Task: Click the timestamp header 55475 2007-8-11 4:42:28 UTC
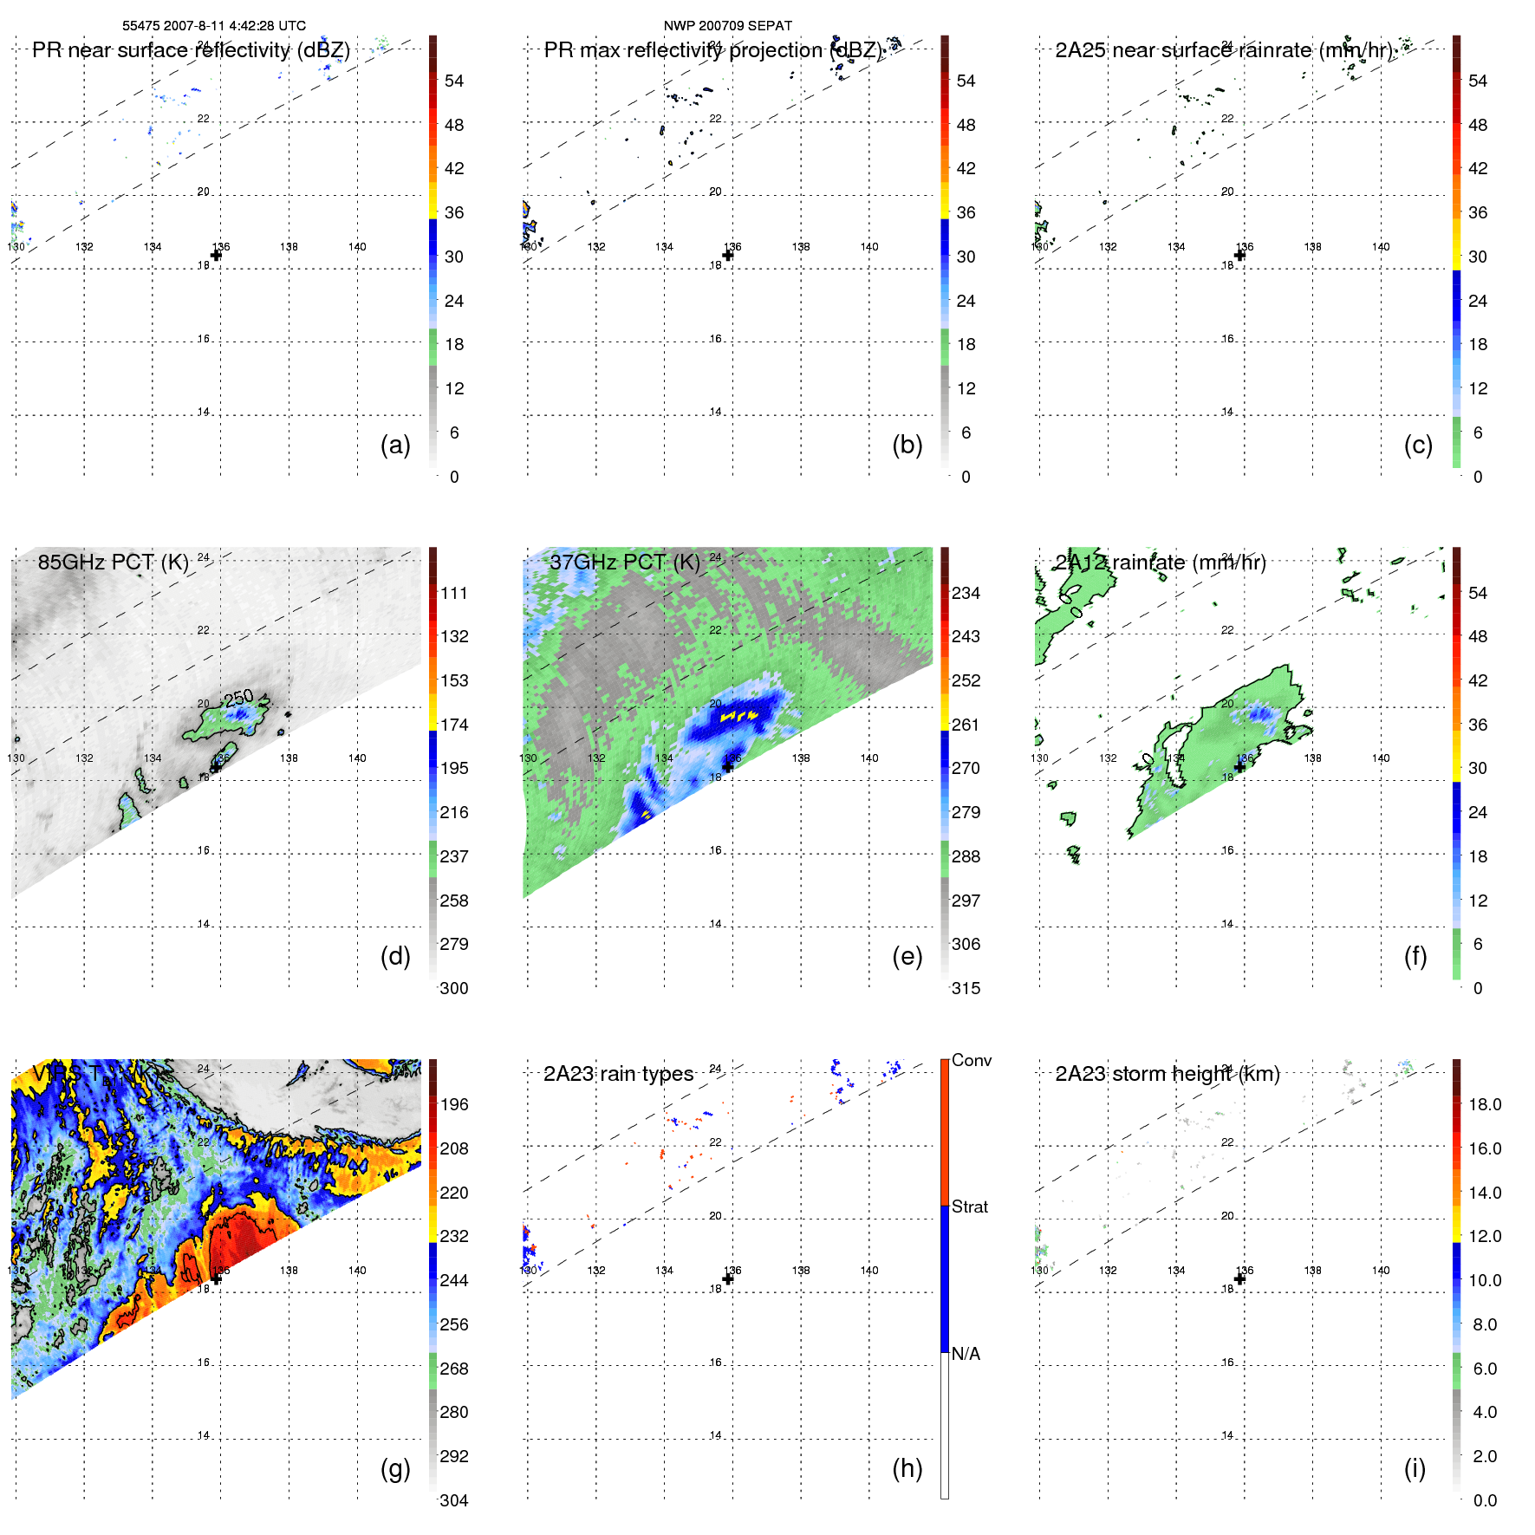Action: (213, 26)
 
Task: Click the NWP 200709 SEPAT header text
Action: (727, 26)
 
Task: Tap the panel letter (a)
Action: (395, 445)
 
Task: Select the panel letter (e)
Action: (907, 956)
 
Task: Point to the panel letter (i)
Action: (1415, 1468)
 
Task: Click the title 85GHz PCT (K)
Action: (113, 563)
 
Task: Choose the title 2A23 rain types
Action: (618, 1074)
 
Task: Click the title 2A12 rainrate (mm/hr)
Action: (1160, 563)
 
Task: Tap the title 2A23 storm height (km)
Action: (1167, 1074)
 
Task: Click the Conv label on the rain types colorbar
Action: (971, 1060)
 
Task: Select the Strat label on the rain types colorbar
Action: (969, 1207)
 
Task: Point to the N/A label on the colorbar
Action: (966, 1354)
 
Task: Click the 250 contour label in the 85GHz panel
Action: (238, 698)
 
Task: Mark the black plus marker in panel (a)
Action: (216, 255)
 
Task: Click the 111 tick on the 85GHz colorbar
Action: (453, 593)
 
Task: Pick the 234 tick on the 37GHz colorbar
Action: (966, 593)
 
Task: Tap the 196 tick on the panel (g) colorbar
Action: (453, 1104)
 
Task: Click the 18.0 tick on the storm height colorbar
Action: (1484, 1104)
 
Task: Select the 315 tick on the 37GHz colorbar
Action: (966, 988)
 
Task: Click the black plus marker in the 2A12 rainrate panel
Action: (1239, 766)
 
